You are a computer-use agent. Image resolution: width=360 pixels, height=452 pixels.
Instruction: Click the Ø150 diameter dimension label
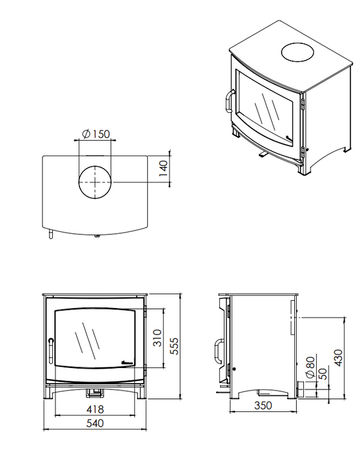point(96,134)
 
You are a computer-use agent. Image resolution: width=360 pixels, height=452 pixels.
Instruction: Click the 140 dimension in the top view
point(163,169)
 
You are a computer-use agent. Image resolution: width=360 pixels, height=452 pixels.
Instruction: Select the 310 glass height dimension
point(157,338)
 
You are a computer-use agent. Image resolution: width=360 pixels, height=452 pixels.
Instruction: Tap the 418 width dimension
point(95,409)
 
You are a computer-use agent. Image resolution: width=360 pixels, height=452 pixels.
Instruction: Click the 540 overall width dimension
point(95,424)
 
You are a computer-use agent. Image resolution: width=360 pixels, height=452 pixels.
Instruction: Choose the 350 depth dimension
point(263,406)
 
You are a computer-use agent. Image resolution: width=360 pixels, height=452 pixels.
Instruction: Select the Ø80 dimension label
point(310,367)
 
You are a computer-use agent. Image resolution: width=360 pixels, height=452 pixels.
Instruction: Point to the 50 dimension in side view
point(323,374)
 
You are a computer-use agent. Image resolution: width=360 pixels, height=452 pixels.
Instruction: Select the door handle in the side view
point(217,351)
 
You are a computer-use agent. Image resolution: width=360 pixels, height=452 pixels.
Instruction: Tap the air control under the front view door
point(95,392)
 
